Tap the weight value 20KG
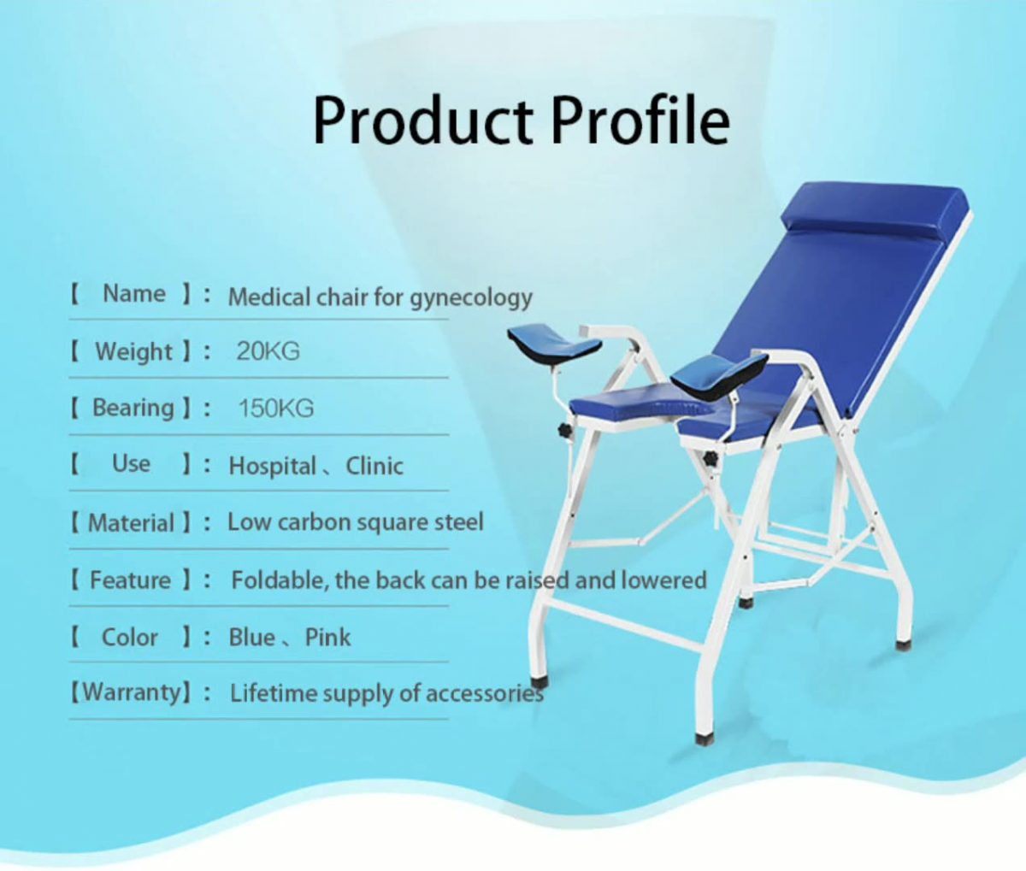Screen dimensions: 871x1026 (x=268, y=351)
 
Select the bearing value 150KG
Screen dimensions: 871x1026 (x=275, y=408)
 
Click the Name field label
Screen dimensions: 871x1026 (x=134, y=294)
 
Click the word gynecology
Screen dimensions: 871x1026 (x=470, y=298)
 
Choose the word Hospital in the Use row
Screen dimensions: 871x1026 (x=272, y=466)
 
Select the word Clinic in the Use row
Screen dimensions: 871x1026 (x=374, y=466)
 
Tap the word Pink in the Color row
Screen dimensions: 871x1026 (x=327, y=637)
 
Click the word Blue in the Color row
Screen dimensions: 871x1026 (x=251, y=637)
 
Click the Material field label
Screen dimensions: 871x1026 (x=132, y=522)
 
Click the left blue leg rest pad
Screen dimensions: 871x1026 (x=554, y=343)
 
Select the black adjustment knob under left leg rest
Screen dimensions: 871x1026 (x=565, y=428)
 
